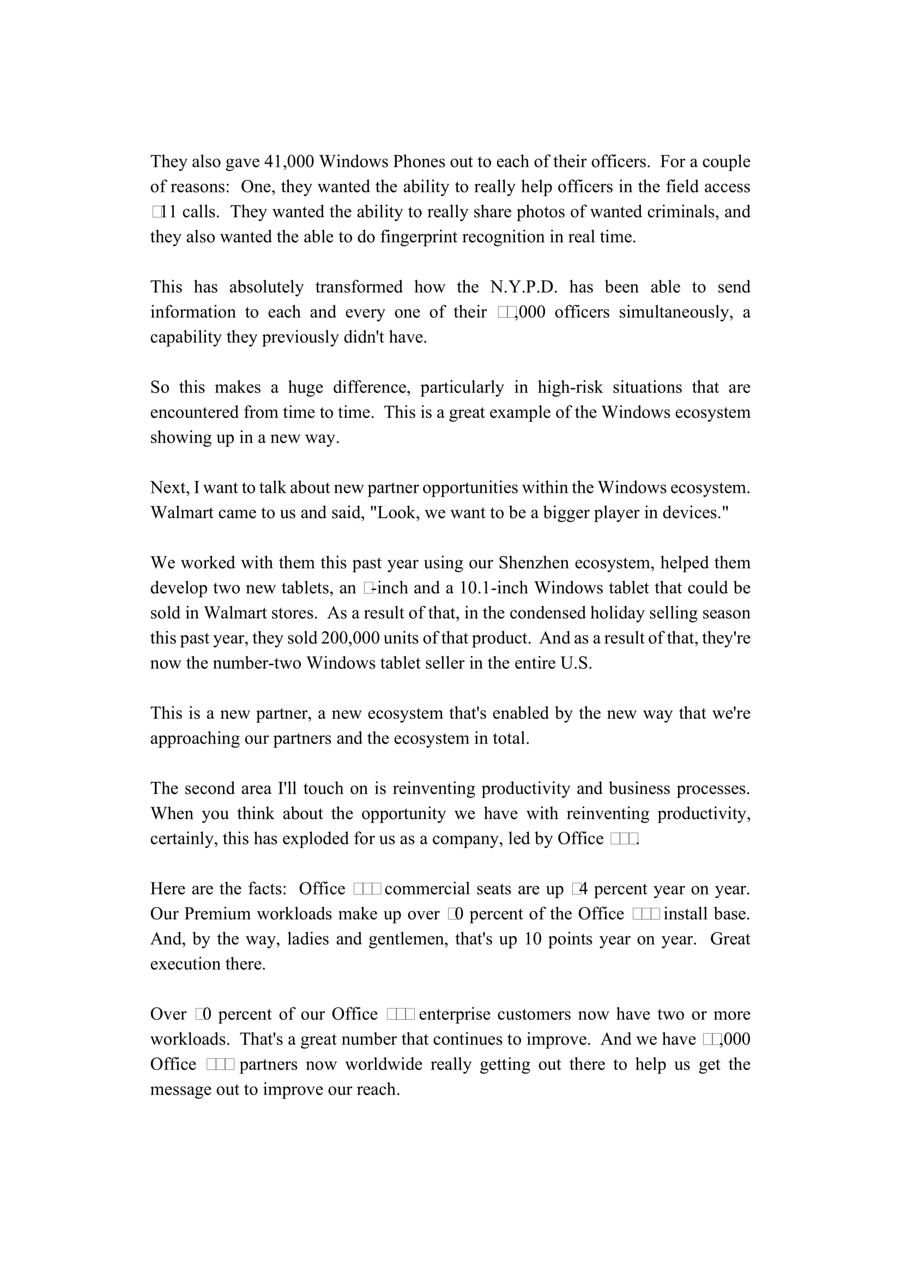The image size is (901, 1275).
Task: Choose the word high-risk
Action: pyautogui.click(x=570, y=387)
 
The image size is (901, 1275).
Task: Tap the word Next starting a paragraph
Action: pyautogui.click(x=169, y=487)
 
